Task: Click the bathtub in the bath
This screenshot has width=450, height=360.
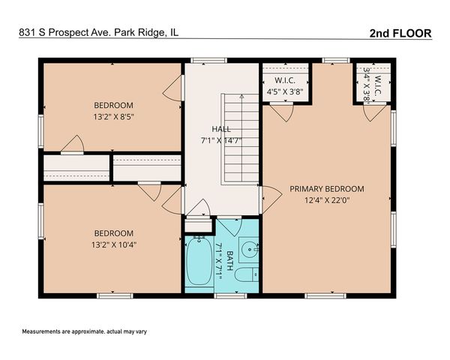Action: [199, 261]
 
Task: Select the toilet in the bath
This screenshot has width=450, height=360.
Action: [247, 275]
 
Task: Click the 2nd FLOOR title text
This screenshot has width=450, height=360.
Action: [400, 33]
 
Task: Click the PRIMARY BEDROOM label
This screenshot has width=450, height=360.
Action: [327, 189]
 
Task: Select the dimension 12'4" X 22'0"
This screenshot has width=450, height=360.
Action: [327, 200]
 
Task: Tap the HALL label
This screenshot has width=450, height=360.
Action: [221, 129]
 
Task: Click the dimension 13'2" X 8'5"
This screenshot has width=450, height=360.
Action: [114, 117]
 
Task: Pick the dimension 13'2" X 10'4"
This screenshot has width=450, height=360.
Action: [114, 245]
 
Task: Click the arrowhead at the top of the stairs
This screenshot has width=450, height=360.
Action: [242, 97]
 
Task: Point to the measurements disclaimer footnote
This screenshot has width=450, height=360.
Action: [84, 331]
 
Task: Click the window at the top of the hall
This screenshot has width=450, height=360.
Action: [209, 60]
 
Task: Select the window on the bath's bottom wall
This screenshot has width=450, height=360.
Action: [230, 295]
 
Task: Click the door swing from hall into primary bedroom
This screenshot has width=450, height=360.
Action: [271, 199]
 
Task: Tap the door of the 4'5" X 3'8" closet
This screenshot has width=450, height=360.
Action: [281, 112]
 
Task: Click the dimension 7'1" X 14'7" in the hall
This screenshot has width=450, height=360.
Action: [221, 141]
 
